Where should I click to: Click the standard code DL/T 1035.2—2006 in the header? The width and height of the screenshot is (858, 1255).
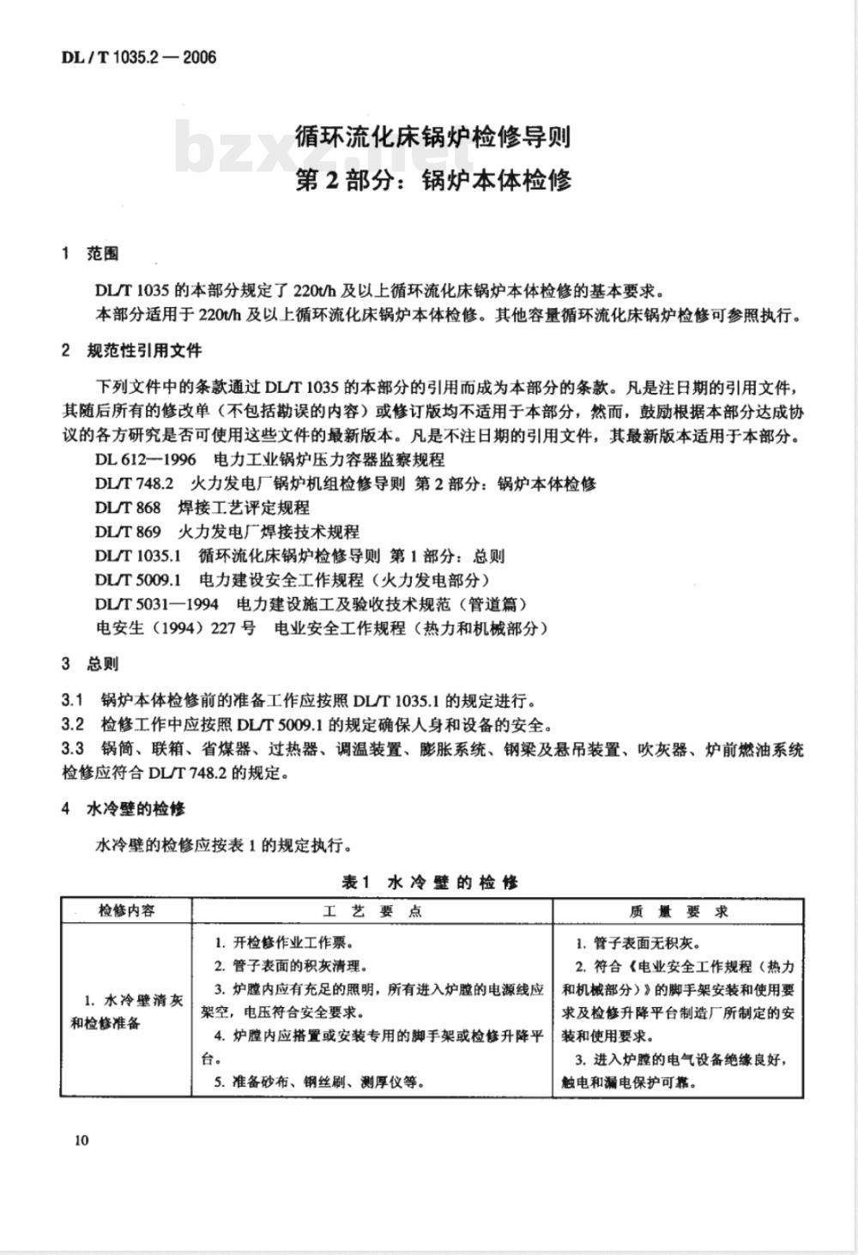click(x=138, y=57)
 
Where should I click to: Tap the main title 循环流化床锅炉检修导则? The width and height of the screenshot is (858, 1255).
click(x=432, y=136)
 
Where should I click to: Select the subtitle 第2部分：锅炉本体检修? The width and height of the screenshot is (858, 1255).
click(x=432, y=181)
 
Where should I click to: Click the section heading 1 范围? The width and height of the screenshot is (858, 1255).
click(x=90, y=254)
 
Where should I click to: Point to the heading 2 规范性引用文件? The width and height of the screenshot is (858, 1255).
click(x=131, y=351)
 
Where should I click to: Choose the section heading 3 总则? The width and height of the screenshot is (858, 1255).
click(x=90, y=664)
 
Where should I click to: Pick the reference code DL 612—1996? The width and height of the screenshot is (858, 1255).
click(x=145, y=460)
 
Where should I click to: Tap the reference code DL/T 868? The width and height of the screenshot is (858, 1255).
click(x=128, y=508)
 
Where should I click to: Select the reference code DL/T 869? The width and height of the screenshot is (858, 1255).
click(x=128, y=532)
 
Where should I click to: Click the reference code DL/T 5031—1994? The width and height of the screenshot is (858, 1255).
click(x=156, y=604)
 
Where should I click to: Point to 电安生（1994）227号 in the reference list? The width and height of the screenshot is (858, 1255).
click(x=175, y=628)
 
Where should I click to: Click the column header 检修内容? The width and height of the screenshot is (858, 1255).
click(x=127, y=911)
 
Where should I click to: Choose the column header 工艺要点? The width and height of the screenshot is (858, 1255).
click(x=372, y=911)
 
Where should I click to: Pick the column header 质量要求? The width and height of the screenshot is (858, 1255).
click(x=678, y=911)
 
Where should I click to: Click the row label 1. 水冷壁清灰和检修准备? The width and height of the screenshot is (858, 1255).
click(x=127, y=1012)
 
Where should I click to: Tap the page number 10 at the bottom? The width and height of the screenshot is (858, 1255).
click(x=82, y=1140)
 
